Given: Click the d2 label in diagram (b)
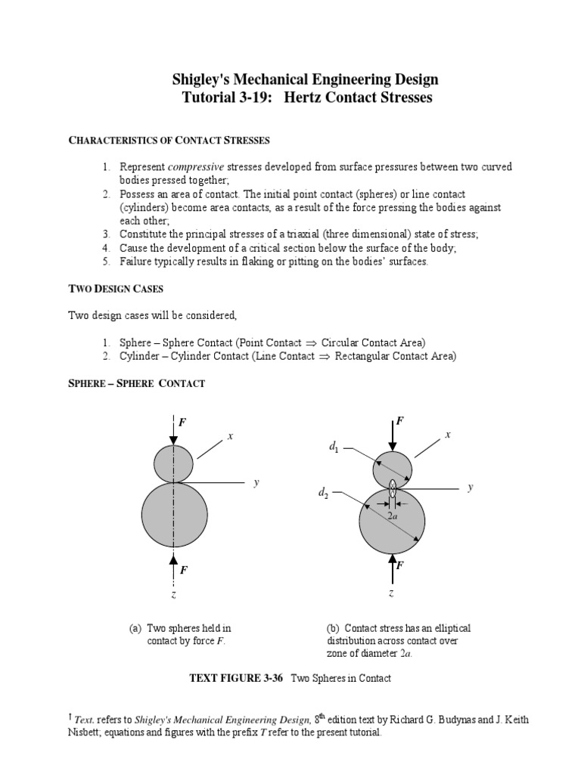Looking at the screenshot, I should pos(324,494).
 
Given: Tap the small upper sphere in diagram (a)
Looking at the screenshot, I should pos(174,463).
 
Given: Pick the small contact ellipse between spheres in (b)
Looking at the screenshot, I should pos(392,488).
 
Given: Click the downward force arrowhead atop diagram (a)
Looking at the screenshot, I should pos(174,439).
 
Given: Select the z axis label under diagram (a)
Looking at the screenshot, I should pos(173,595).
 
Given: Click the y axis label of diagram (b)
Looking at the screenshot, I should pos(470,488).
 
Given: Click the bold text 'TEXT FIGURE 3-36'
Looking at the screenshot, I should pos(235,678).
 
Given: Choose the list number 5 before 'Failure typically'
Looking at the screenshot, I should pos(107,262).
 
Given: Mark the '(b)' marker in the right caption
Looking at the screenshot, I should pos(333,628).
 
